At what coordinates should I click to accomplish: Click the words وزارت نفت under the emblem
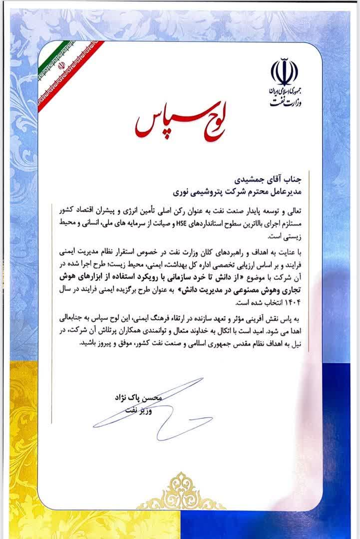pos(284,101)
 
